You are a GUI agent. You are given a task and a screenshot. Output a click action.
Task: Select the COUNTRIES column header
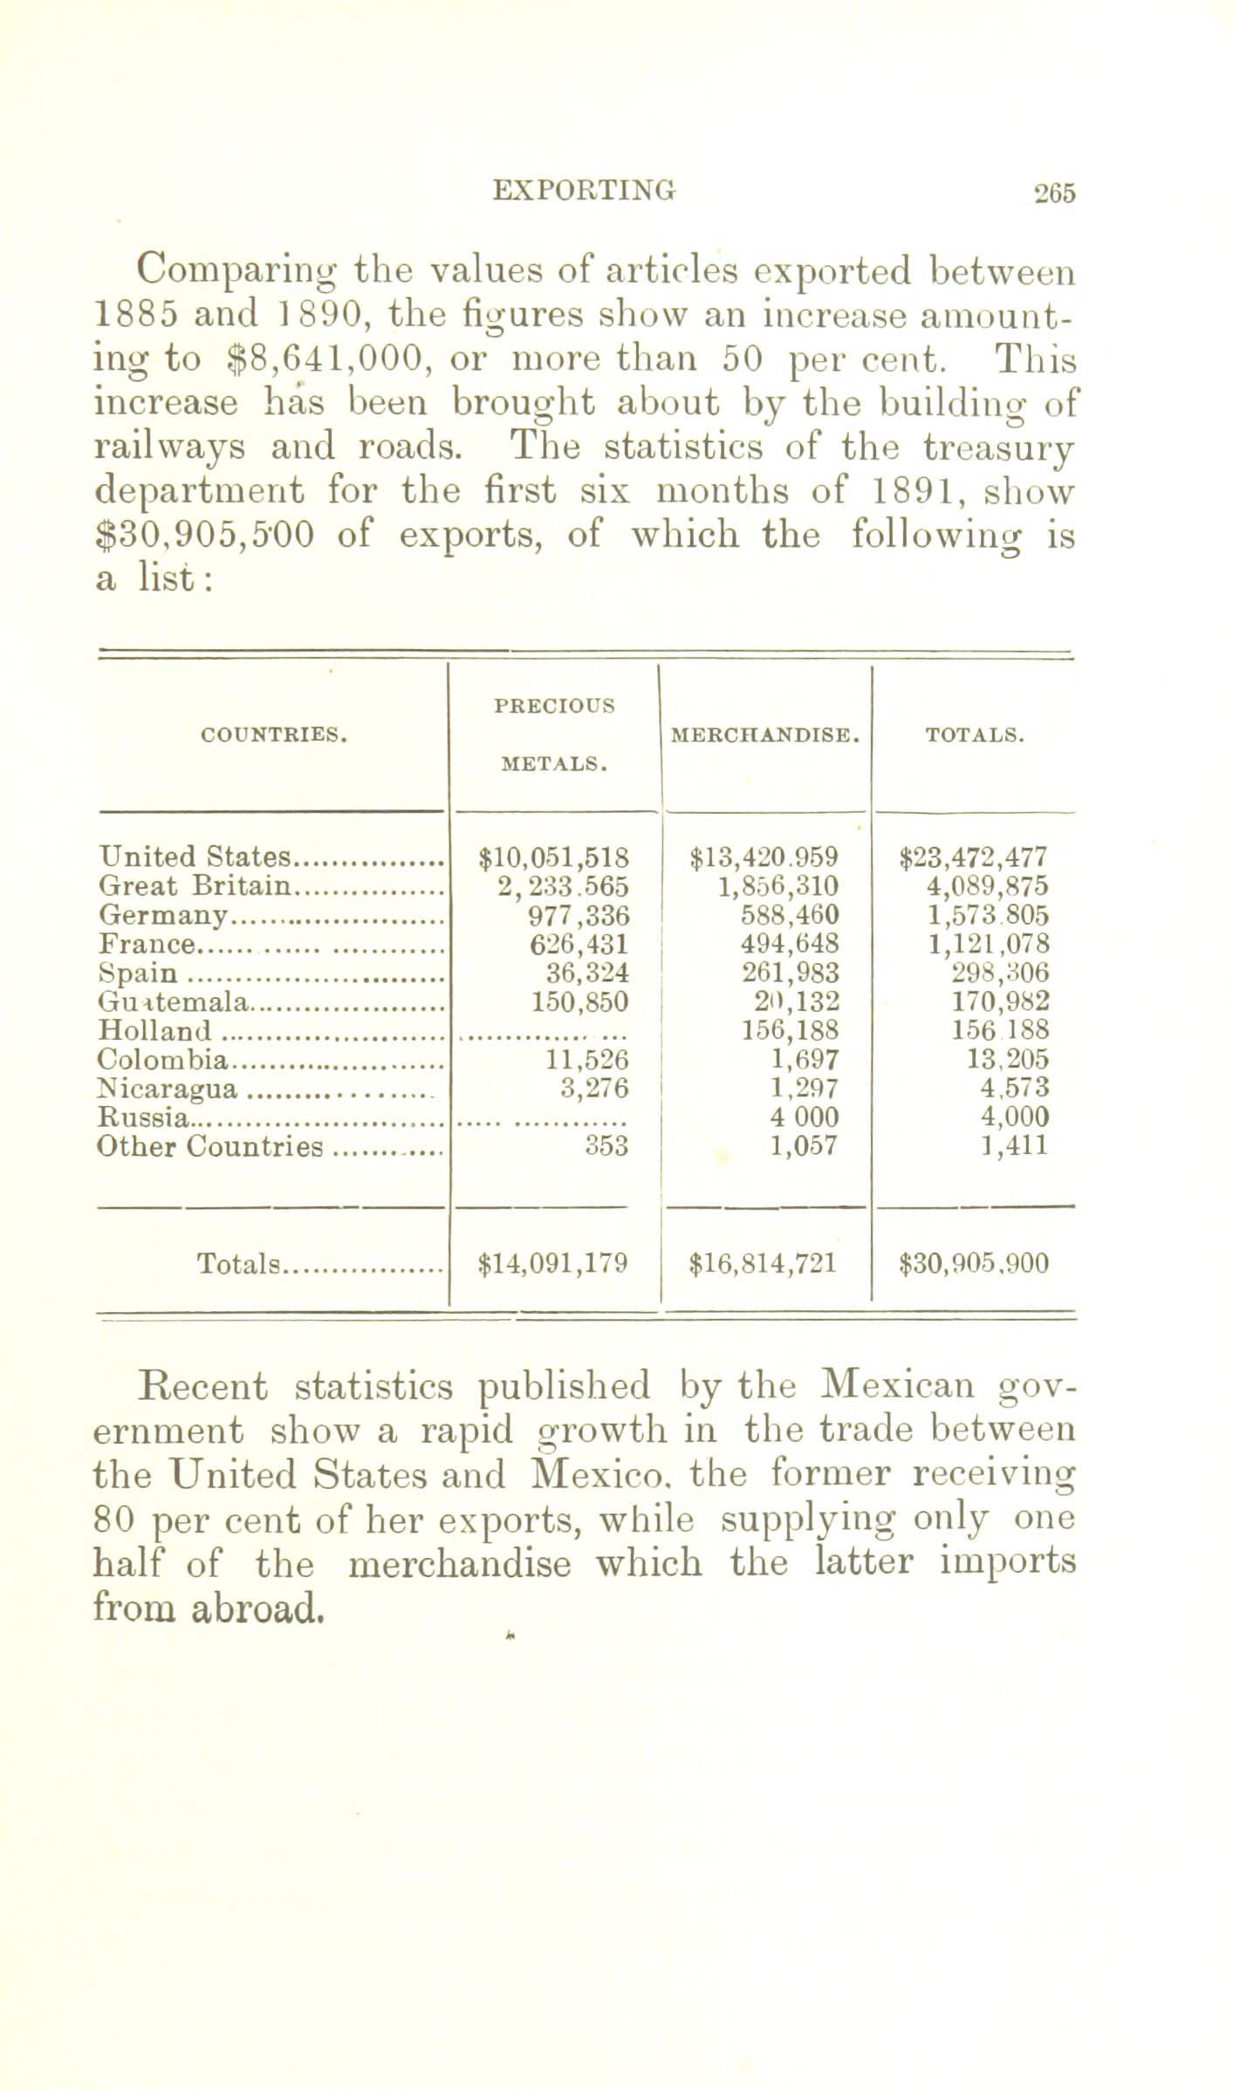tap(274, 735)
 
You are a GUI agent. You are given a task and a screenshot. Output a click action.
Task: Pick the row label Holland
tap(156, 1030)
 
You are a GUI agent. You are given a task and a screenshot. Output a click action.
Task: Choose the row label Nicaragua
tap(168, 1089)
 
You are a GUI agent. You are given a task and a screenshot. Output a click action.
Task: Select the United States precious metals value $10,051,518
tap(555, 857)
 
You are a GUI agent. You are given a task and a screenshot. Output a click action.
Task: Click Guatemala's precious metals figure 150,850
tap(580, 1001)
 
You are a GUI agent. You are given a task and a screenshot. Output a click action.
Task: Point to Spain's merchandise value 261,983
tap(790, 973)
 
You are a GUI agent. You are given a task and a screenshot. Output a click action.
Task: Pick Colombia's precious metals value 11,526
tap(593, 1060)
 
